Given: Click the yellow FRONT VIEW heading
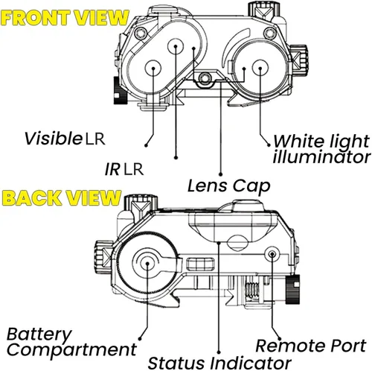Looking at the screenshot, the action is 65,18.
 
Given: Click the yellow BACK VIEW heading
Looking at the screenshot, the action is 61,197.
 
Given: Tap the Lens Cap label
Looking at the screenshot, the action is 228,185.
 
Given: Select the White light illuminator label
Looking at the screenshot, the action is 321,149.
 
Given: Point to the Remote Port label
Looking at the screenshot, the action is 311,346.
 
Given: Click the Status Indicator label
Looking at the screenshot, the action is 219,363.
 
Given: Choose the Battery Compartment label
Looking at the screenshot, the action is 71,342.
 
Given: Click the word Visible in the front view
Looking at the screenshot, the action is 53,138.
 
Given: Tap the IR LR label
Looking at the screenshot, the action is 124,169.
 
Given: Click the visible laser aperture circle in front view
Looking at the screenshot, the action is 153,68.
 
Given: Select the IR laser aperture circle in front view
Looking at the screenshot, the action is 176,46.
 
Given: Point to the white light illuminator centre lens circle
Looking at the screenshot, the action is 260,68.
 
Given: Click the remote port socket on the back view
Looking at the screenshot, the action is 272,254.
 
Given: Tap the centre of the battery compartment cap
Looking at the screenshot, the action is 147,263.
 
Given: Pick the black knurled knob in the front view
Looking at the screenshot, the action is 121,90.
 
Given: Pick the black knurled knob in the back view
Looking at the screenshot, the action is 292,289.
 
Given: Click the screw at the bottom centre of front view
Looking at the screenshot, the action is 204,78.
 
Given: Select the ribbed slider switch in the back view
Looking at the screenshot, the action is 200,264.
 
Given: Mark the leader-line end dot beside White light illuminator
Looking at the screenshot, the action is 269,145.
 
